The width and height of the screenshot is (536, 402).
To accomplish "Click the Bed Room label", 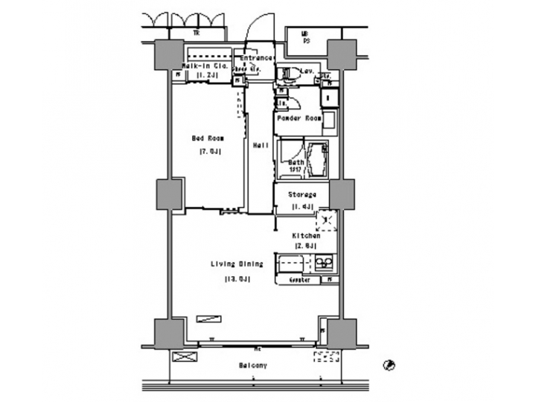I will tap(208, 138).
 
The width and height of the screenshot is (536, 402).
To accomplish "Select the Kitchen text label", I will tap(306, 235).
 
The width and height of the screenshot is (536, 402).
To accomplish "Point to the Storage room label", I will tap(301, 195).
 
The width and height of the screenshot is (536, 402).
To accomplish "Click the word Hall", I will tap(260, 144).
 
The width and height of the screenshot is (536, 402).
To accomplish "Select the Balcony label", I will tap(253, 366).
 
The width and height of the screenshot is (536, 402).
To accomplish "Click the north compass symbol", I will tap(389, 365).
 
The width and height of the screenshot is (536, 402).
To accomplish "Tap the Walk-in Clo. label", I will tap(200, 66).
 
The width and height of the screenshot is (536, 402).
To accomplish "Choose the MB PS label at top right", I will tap(304, 36).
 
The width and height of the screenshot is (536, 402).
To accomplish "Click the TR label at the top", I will tap(197, 33).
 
